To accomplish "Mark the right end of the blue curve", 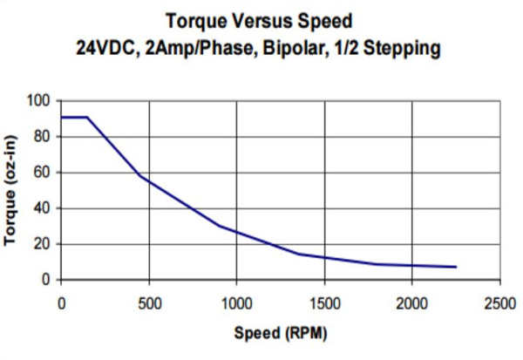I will point(456,267).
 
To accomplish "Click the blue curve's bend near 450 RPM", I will point(139,176).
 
